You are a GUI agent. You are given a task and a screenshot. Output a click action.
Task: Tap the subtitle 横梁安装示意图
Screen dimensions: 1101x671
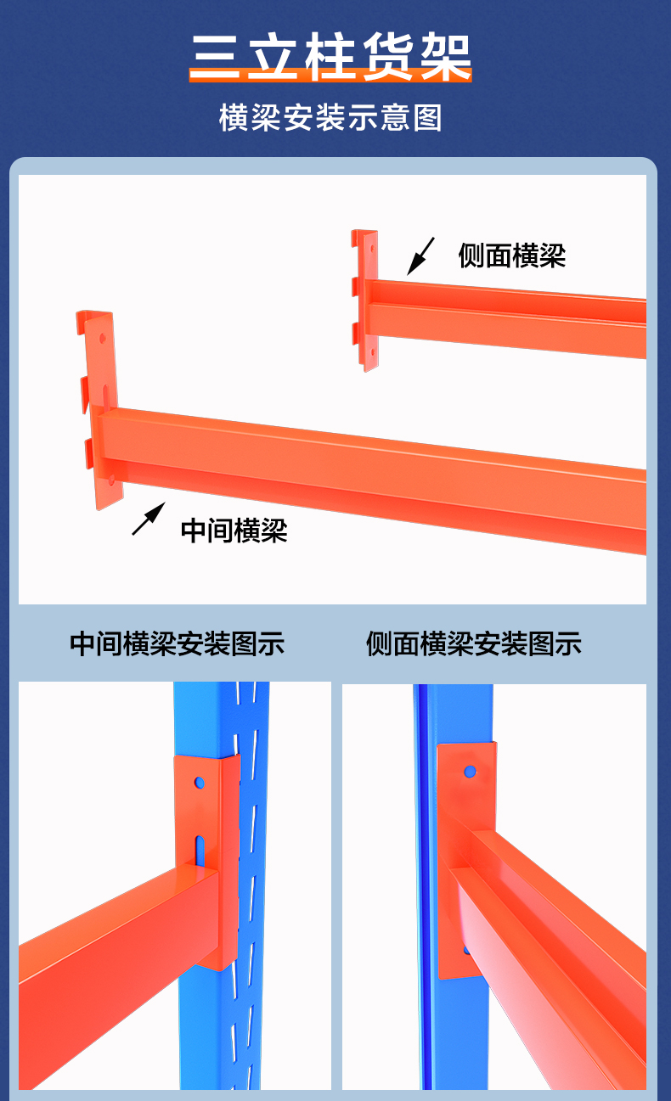point(330,118)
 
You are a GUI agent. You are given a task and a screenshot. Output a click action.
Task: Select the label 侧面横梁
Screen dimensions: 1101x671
point(511,255)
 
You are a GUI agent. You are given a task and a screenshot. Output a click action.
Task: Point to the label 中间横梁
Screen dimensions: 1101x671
point(234,531)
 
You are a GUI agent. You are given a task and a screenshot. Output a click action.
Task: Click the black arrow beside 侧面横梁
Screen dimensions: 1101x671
point(420,256)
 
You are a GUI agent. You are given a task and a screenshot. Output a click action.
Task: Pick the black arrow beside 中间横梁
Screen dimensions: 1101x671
point(148,519)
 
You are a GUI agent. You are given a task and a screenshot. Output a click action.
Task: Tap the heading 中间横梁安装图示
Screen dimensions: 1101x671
point(177,643)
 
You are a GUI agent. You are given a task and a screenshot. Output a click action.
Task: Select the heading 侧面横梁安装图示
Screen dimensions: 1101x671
point(473,643)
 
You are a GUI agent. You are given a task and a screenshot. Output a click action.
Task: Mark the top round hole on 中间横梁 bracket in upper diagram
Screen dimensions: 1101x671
point(103,337)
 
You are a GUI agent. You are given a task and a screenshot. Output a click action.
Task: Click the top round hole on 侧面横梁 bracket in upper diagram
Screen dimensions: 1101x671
point(370,247)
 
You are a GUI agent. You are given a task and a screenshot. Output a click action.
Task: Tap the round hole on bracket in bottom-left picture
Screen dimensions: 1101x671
point(200,781)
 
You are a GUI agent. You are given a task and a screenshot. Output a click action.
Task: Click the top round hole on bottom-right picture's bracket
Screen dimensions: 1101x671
point(469,772)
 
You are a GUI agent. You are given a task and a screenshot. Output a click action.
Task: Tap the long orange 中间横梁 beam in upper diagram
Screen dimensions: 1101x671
point(382,475)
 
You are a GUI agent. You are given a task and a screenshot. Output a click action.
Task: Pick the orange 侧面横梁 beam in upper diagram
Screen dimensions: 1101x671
point(510,318)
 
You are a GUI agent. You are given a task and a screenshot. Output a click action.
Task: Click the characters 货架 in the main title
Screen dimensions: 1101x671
point(416,57)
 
